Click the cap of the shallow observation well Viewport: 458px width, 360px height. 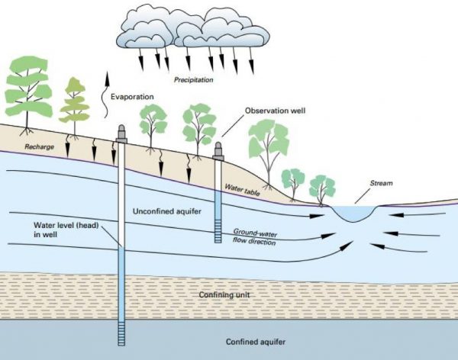(219, 148)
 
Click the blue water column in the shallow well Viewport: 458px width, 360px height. (219, 205)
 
